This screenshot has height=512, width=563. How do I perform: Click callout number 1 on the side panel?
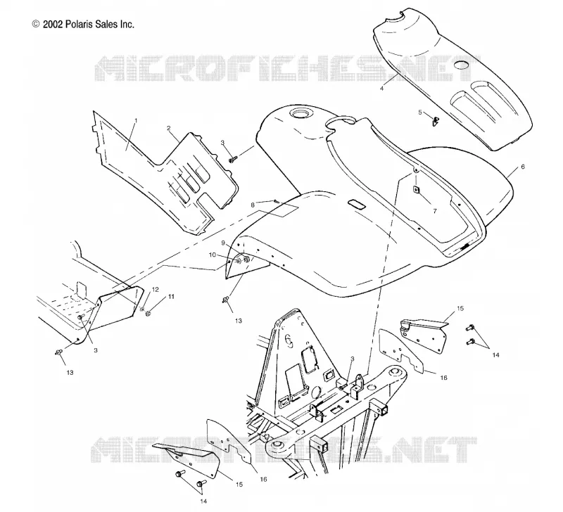pos(136,121)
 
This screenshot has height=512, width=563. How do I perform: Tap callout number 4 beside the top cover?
pos(381,88)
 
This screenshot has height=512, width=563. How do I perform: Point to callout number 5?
pos(420,113)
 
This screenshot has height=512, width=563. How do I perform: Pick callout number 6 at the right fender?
pos(523,167)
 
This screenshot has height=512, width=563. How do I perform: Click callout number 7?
pos(435,211)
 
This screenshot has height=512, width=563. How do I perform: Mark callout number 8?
pos(253,205)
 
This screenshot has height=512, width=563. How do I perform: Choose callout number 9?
pos(223,243)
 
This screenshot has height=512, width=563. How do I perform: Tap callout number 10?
pos(213,255)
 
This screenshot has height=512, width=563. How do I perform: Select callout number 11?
pos(171,297)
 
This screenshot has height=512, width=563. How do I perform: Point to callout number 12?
pos(155,289)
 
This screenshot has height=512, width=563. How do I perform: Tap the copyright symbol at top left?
pos(36,24)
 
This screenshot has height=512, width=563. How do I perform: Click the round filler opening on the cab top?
pos(298,113)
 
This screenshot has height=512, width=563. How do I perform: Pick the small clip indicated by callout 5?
pos(436,121)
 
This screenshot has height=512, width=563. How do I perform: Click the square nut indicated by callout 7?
pos(416,189)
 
